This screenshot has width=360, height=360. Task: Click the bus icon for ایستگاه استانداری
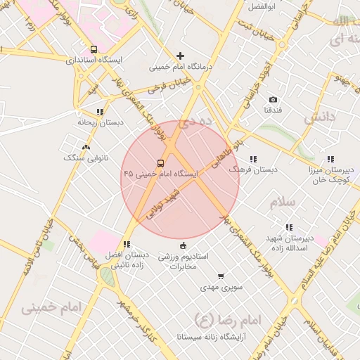(x=94, y=49)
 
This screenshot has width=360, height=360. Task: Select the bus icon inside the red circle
(x=160, y=162)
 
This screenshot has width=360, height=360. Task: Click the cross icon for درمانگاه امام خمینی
(x=181, y=56)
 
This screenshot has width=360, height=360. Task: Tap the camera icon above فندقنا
(x=274, y=100)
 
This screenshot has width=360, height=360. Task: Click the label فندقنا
(x=274, y=111)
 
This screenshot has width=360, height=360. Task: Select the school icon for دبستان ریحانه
(x=100, y=111)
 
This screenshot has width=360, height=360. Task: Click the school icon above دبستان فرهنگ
(x=253, y=159)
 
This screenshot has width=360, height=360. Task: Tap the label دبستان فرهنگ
(x=256, y=170)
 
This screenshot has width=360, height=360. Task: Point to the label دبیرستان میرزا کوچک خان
(x=330, y=175)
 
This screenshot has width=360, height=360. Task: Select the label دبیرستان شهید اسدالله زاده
(x=289, y=243)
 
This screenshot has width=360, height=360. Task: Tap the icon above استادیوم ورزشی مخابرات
(x=184, y=245)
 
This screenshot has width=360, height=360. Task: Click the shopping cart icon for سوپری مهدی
(x=221, y=276)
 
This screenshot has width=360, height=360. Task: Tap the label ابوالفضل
(x=261, y=6)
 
